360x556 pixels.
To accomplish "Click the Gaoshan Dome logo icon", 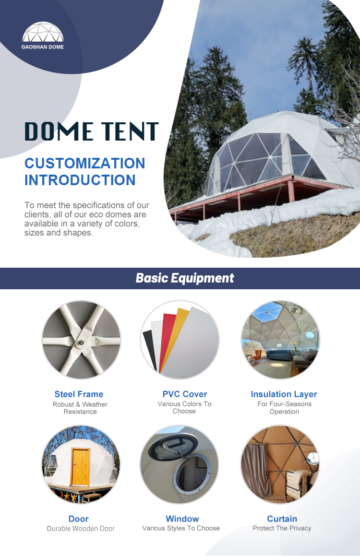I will (43, 33).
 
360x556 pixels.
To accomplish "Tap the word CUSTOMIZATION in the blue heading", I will (84, 163).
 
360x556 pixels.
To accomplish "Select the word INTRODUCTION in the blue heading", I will (80, 180).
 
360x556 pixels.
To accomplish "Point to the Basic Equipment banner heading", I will (185, 278).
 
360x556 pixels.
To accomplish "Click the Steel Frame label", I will (79, 394).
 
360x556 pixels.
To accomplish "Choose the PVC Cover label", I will (184, 394).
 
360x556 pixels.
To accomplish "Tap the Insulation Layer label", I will (284, 394).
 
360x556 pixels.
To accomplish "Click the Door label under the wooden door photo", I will (79, 519).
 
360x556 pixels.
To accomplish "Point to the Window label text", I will (182, 519).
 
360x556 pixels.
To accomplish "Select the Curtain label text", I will (282, 519).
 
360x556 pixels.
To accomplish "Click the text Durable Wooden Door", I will (81, 529).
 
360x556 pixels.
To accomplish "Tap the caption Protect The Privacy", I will (282, 528).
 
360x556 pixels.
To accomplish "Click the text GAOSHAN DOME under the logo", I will (43, 47).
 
